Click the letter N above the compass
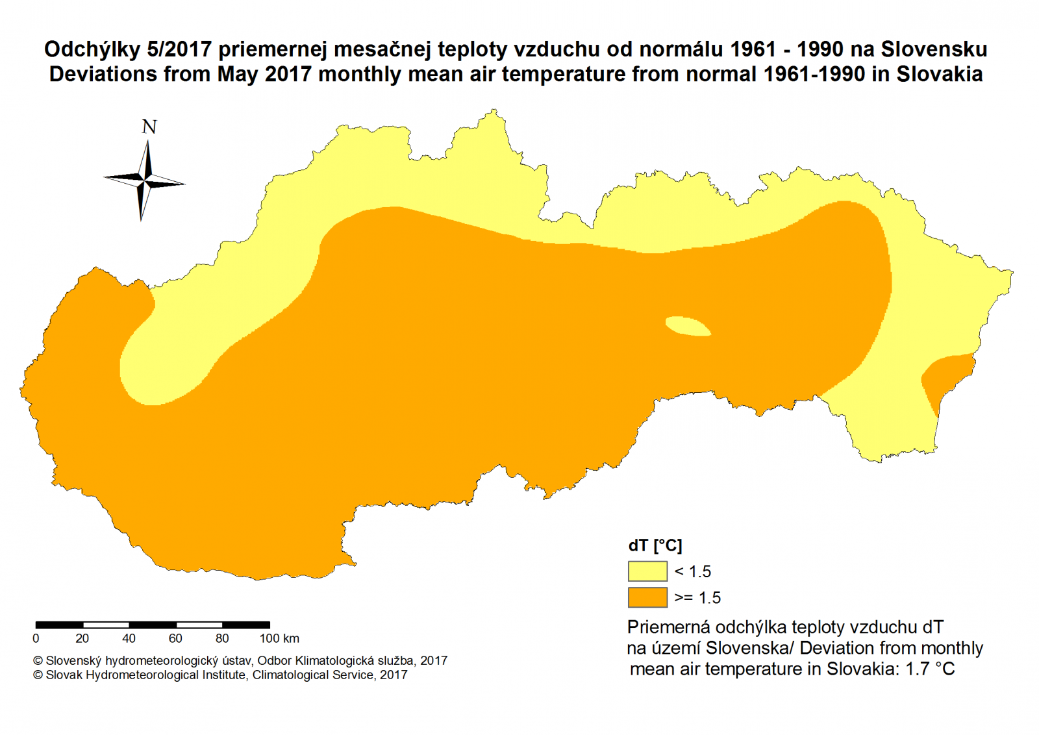coord(149,127)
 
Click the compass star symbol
coord(144,180)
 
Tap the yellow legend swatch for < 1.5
coord(647,571)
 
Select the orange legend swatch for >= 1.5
coord(647,597)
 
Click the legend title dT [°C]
coord(655,546)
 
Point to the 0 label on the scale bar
coord(36,639)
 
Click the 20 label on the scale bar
coord(82,639)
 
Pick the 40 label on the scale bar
coord(129,639)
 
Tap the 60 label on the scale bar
coord(175,639)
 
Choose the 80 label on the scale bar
coord(222,639)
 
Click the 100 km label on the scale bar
coord(279,639)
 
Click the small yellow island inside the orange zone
coord(688,326)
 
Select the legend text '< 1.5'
coord(693,572)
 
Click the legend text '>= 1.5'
coord(697,598)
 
